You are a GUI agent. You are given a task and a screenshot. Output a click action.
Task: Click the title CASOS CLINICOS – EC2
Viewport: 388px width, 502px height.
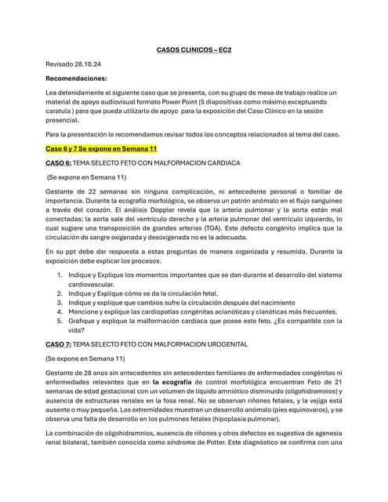click(x=194, y=49)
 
